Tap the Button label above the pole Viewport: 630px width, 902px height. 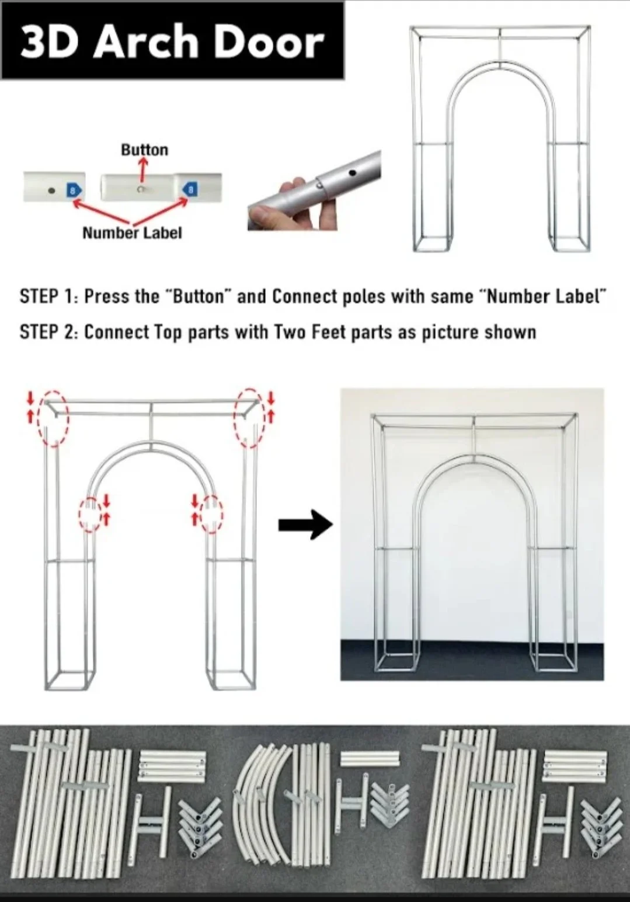click(x=145, y=150)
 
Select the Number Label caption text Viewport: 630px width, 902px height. click(x=132, y=233)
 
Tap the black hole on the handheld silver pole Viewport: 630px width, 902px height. click(x=353, y=172)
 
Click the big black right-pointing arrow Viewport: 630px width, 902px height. click(x=305, y=525)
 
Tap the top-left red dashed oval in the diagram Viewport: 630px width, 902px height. click(x=54, y=418)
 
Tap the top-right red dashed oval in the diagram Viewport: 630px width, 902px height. click(x=250, y=417)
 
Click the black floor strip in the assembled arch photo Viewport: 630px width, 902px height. click(x=472, y=663)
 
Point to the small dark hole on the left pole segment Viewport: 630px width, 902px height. click(x=51, y=189)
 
